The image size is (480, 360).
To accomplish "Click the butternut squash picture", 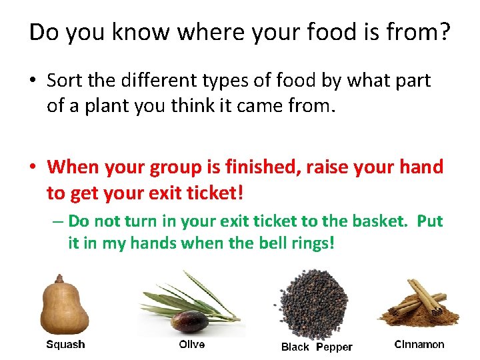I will pyautogui.click(x=65, y=308).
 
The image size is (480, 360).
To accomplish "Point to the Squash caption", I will pyautogui.click(x=65, y=345).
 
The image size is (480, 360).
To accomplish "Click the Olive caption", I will pyautogui.click(x=192, y=344).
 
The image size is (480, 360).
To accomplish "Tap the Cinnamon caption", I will pyautogui.click(x=419, y=345).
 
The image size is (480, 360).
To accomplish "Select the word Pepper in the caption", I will pyautogui.click(x=334, y=347).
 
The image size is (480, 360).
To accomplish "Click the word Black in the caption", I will pyautogui.click(x=295, y=347).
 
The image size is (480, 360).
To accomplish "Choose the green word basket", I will pyautogui.click(x=376, y=221).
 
